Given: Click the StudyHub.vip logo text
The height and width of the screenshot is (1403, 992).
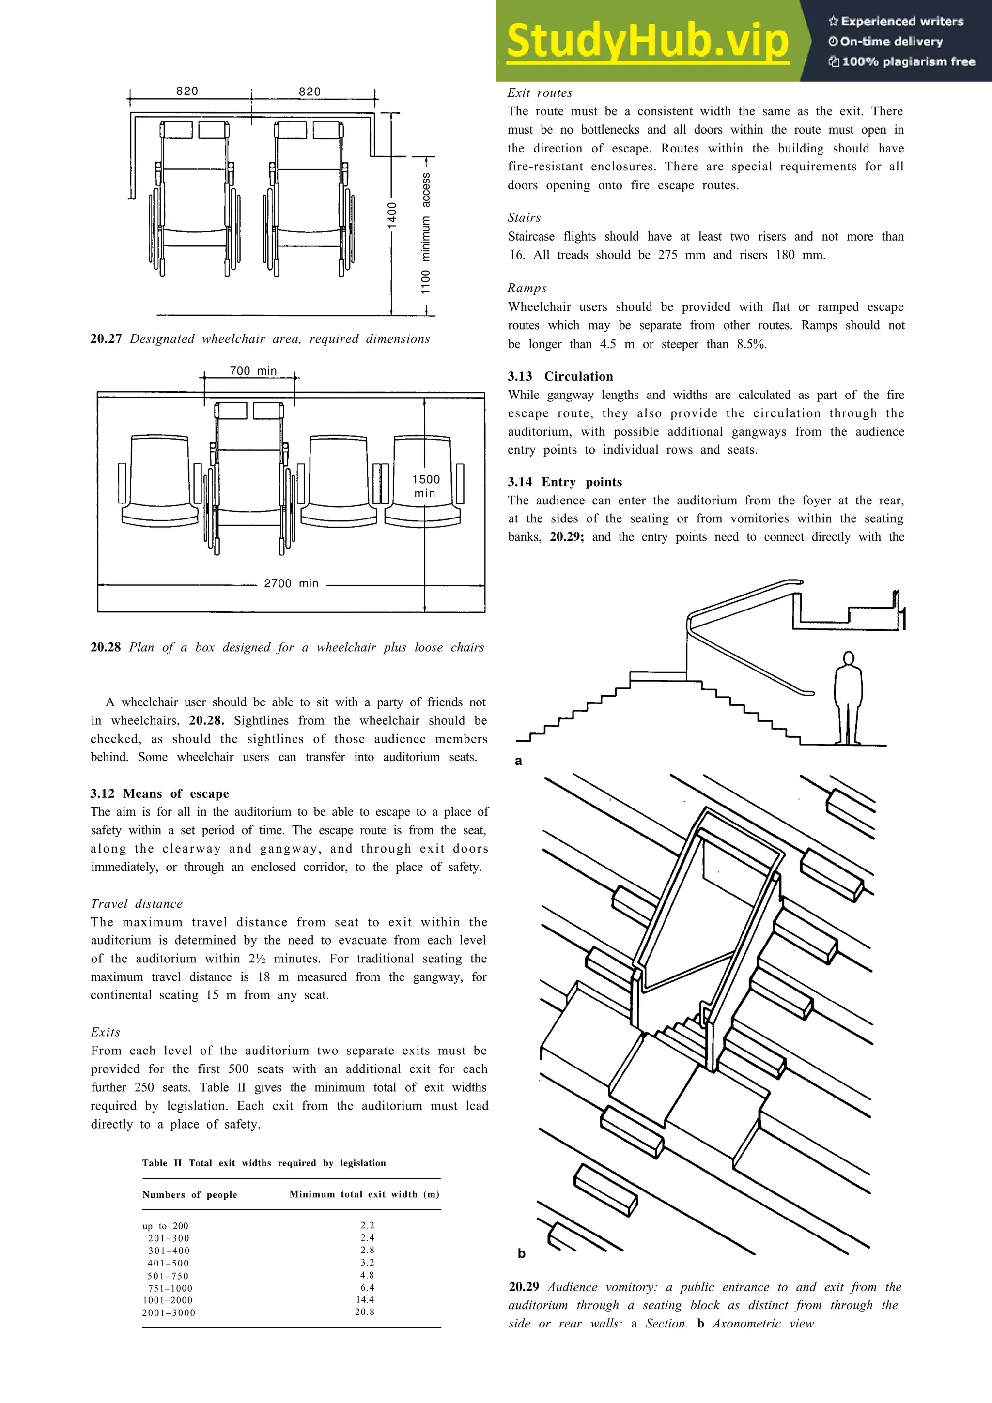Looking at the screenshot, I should (x=647, y=41).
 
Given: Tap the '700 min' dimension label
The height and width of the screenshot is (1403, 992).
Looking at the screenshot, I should (x=253, y=371).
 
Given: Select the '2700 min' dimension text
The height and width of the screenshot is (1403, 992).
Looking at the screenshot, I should (x=291, y=583).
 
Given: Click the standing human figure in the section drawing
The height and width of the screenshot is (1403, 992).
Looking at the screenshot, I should (x=848, y=697).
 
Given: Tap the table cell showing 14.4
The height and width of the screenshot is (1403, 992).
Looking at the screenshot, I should (x=366, y=1300).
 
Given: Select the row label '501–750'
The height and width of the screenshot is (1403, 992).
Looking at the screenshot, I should (x=168, y=1276).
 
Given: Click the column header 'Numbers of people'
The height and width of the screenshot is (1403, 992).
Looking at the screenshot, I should (x=189, y=1195).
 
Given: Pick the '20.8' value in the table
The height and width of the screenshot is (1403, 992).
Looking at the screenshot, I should (x=365, y=1312).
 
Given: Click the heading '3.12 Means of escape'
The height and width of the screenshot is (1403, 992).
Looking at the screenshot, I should (x=159, y=794).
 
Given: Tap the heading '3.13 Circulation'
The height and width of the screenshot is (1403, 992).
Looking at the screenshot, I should (x=560, y=377).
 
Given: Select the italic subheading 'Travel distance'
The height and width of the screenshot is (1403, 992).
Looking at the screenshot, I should (x=136, y=904).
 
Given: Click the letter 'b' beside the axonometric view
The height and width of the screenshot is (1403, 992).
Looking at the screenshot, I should (x=521, y=1254).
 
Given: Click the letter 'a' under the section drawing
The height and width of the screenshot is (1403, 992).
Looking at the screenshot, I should (x=518, y=761).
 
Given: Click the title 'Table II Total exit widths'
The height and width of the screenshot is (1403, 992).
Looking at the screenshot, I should (x=264, y=1163).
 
